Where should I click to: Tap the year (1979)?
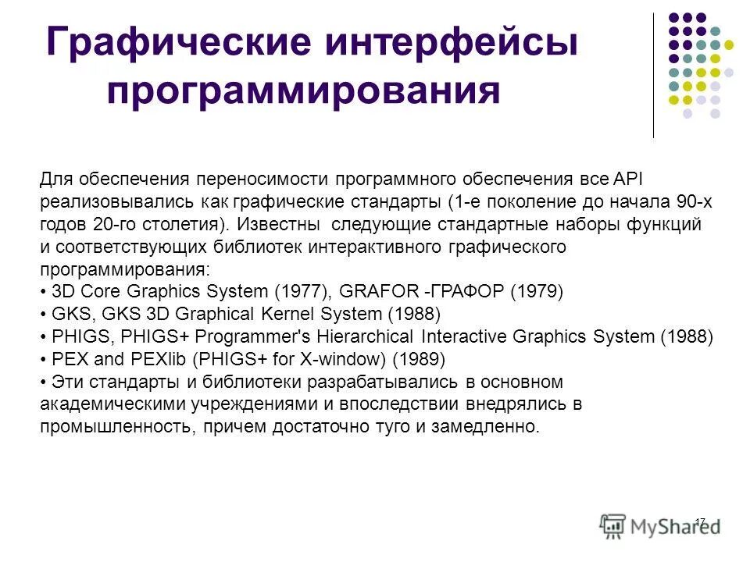(536, 292)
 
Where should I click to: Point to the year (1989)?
(419, 360)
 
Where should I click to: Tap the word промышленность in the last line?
(114, 428)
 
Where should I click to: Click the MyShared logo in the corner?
(660, 525)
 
